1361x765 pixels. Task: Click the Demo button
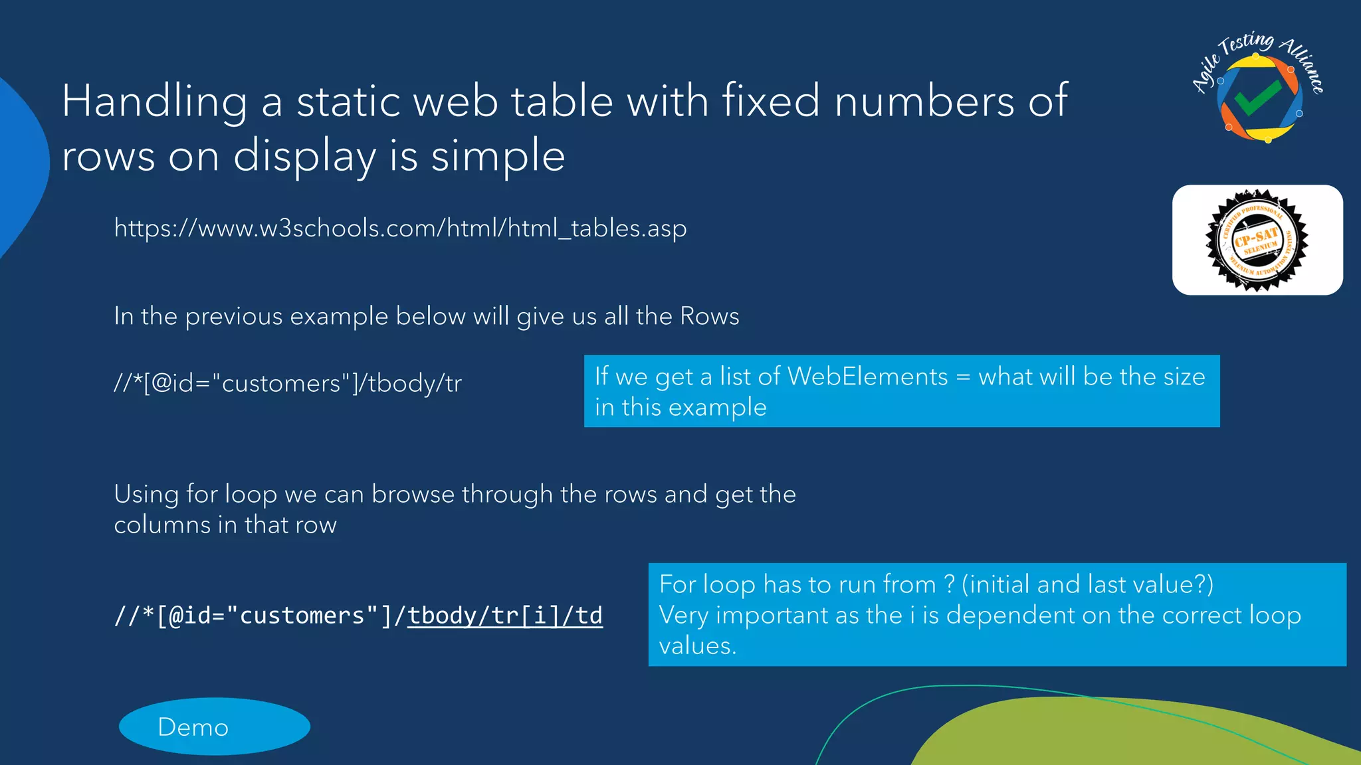tap(214, 726)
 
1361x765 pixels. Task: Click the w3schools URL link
tap(400, 228)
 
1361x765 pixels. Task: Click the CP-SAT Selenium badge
tap(1257, 240)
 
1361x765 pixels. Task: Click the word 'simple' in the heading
tap(498, 157)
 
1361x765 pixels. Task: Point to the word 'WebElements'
tap(867, 377)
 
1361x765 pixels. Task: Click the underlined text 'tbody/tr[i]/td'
tap(504, 616)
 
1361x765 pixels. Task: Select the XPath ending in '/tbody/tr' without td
tap(287, 384)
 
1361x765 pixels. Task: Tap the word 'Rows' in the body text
tap(710, 316)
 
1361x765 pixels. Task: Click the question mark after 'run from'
tap(950, 584)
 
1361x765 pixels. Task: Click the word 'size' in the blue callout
tap(1185, 377)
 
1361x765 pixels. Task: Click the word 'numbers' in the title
tap(924, 102)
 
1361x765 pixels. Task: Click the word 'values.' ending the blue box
tap(697, 645)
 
